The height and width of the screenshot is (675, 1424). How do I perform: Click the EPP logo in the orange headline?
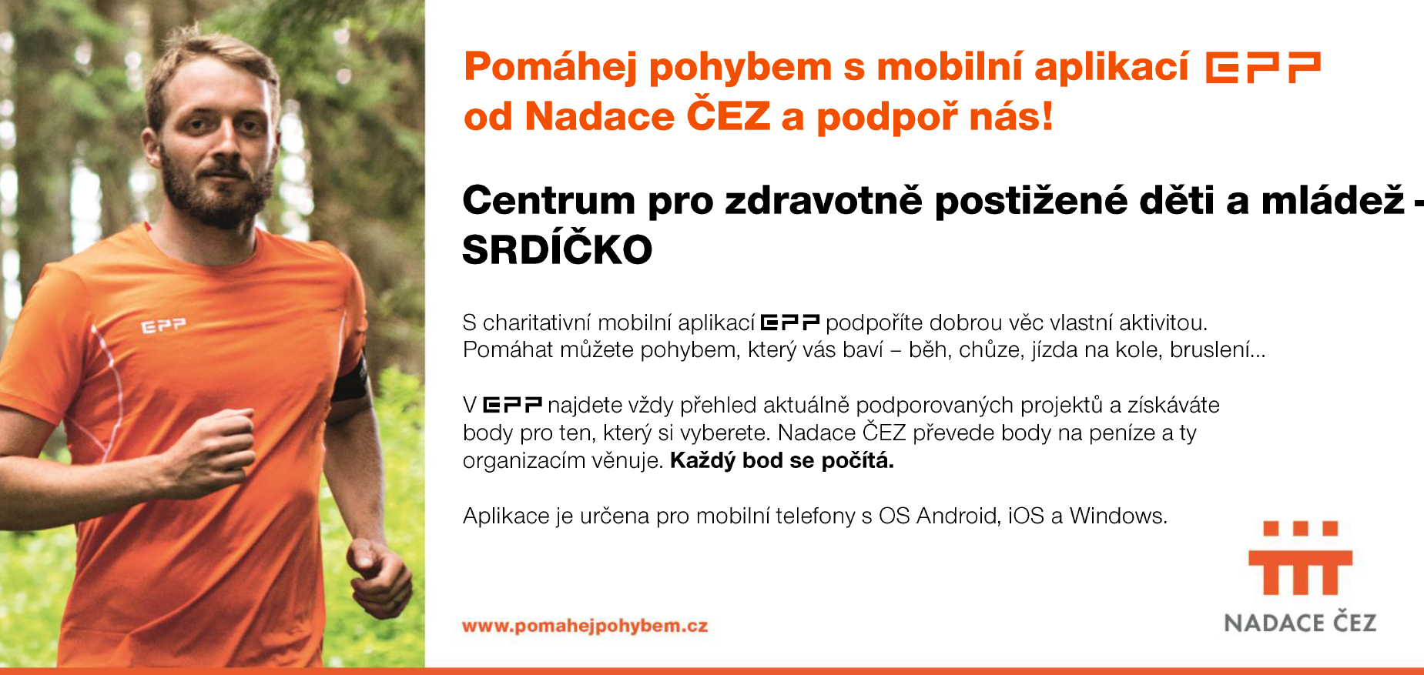pos(1263,67)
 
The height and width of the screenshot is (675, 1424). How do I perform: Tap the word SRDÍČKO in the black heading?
pos(557,249)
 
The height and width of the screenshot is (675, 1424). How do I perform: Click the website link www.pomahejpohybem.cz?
pos(585,626)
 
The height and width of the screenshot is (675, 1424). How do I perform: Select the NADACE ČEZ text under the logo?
pos(1300,622)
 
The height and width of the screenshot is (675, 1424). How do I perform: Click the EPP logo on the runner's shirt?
pos(163,326)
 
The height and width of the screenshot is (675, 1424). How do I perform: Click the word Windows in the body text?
pos(1118,516)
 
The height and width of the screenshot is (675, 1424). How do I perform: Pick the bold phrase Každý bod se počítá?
pos(782,461)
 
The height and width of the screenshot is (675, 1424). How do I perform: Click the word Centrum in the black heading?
pos(549,200)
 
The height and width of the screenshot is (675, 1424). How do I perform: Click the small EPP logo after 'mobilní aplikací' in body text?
pos(789,322)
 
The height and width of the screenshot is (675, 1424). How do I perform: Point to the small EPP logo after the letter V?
pos(512,405)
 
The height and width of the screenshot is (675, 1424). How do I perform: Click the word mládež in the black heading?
pos(1333,200)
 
